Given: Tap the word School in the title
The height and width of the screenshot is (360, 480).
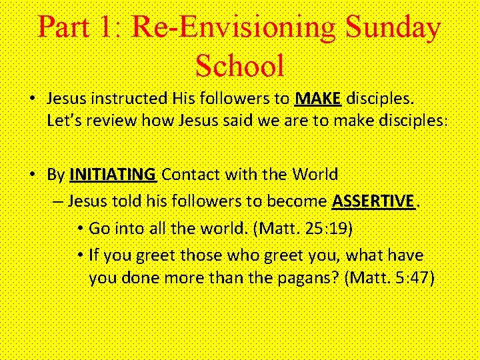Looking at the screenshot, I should [x=240, y=65].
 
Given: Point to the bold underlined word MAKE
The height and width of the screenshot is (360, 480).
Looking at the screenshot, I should [x=318, y=99].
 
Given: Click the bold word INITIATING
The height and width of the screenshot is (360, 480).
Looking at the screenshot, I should [x=113, y=175].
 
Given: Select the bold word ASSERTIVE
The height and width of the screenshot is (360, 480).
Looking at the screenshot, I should [x=373, y=201].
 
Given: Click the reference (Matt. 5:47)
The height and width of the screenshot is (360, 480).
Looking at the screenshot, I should [x=389, y=277].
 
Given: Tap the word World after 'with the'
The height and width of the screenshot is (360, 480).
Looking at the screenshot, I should [x=314, y=175].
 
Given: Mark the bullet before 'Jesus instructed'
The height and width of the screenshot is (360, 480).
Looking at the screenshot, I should [x=32, y=99].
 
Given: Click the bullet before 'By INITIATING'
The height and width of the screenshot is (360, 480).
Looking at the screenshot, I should [x=32, y=175].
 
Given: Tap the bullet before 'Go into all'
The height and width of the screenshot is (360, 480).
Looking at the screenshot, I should [x=79, y=228].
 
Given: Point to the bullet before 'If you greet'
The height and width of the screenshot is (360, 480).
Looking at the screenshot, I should [x=79, y=255].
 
